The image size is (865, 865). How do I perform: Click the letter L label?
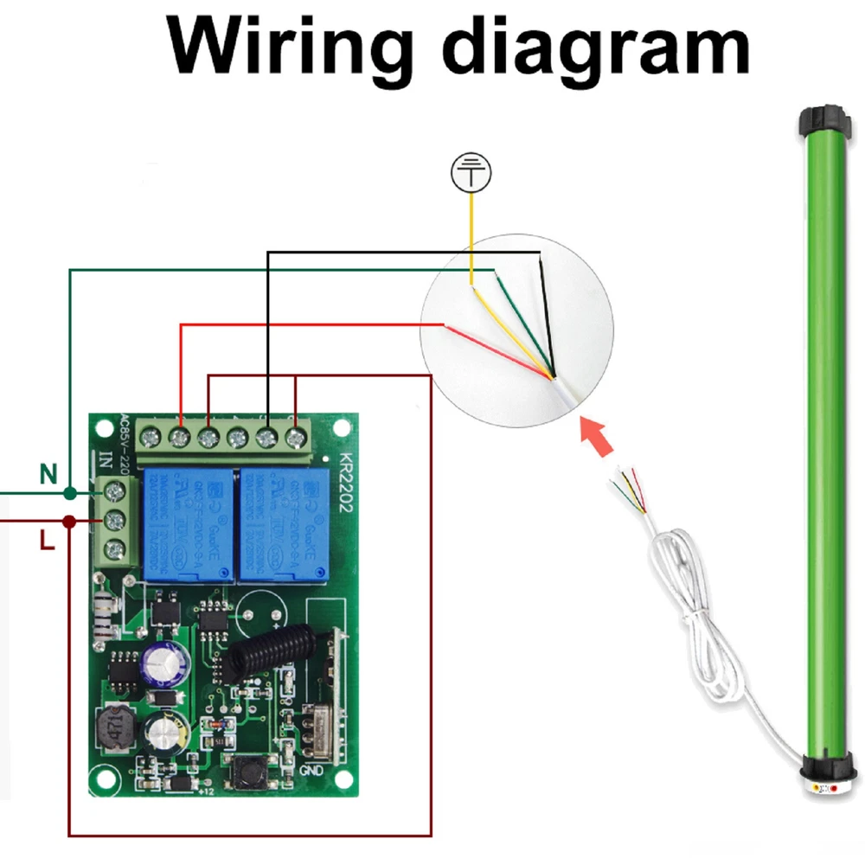[x=47, y=544]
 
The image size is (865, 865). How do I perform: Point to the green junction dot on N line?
[x=69, y=493]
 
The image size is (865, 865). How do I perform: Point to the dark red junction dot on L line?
[x=69, y=521]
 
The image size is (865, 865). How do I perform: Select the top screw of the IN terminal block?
[x=113, y=494]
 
